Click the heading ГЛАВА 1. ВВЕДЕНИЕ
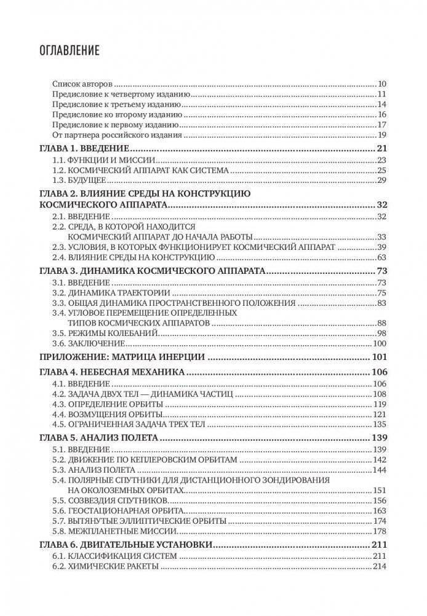click(83, 150)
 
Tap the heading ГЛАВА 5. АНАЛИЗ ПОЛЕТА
click(99, 438)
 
